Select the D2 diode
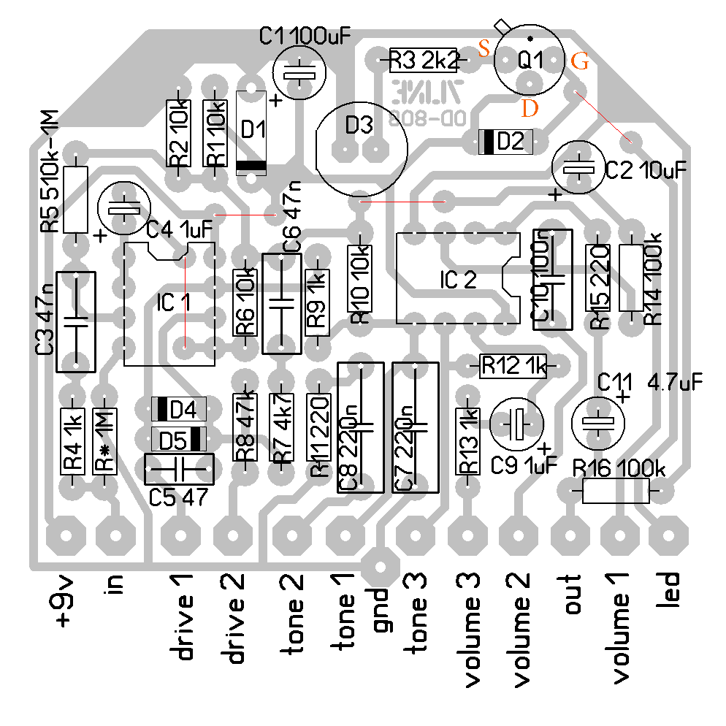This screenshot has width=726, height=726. point(506,142)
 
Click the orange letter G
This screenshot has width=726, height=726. point(580,61)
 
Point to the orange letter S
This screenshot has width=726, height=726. point(484,49)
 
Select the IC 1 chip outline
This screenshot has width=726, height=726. point(169,303)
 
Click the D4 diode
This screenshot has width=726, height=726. point(179,409)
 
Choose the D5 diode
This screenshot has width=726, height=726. point(179,440)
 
